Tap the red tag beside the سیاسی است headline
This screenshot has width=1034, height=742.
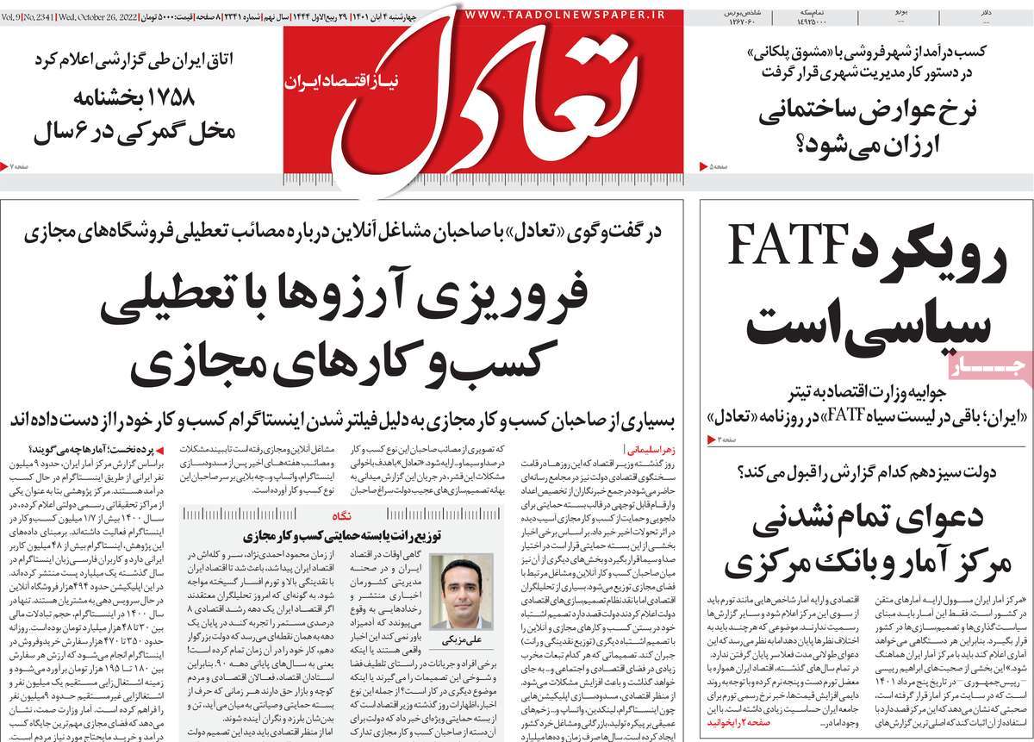[990, 369]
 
